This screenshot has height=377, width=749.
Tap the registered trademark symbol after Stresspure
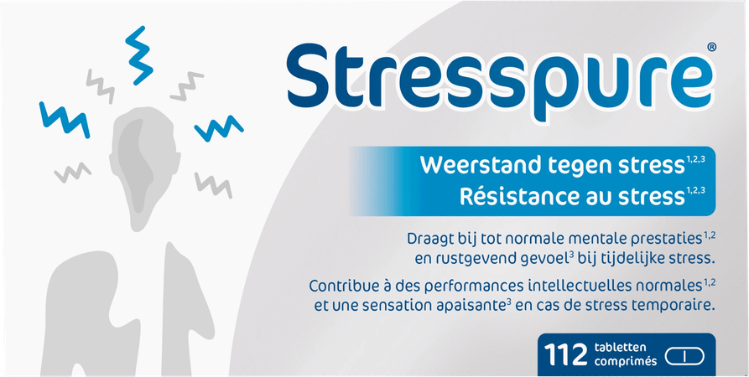(711, 48)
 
